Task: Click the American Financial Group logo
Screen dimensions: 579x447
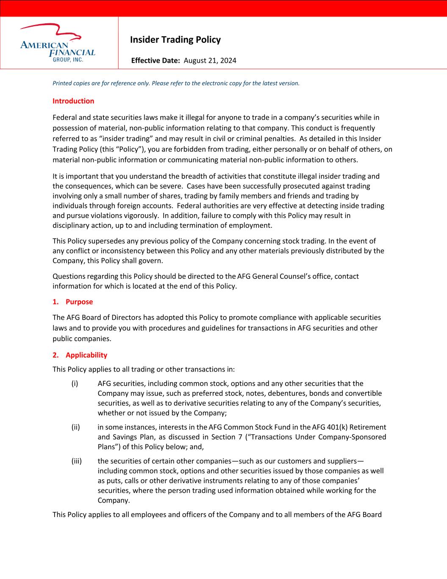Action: [58, 43]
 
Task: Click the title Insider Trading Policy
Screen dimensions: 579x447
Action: [175, 40]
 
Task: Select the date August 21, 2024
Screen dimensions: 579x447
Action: [210, 60]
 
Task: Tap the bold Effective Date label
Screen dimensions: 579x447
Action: [155, 60]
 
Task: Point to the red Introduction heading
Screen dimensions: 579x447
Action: [73, 101]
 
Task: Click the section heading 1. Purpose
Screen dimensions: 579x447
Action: [72, 302]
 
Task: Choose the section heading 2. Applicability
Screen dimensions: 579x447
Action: [80, 355]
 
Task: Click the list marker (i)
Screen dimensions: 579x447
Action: [75, 383]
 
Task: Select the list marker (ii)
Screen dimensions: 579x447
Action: [75, 427]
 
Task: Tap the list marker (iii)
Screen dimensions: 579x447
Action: [76, 461]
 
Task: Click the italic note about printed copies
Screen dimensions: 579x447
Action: [176, 83]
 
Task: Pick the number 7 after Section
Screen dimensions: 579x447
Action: [234, 437]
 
